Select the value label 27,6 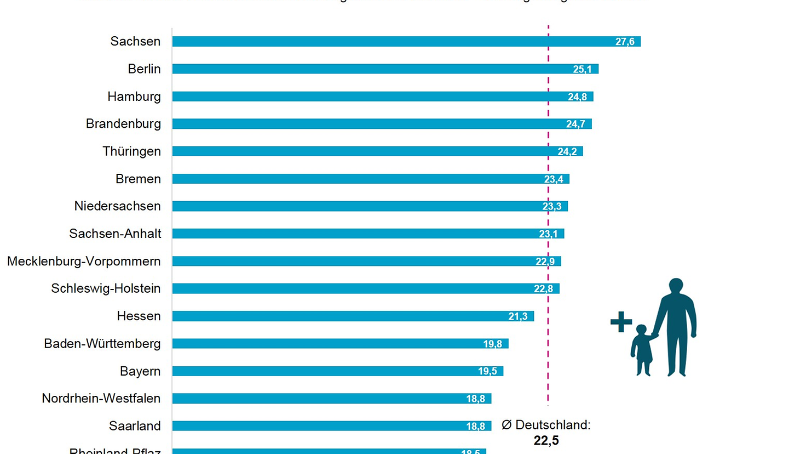pos(625,42)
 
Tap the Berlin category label pos(144,69)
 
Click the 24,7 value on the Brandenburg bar pos(575,124)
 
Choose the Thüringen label pos(131,151)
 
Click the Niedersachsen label pos(117,206)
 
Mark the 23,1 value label pos(548,234)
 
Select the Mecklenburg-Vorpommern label pos(84,262)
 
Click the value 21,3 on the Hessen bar pos(517,316)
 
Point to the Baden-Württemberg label pos(102,344)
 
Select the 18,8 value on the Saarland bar pos(475,426)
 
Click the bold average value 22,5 pos(546,440)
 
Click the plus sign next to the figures pos(621,322)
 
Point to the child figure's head pos(641,330)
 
